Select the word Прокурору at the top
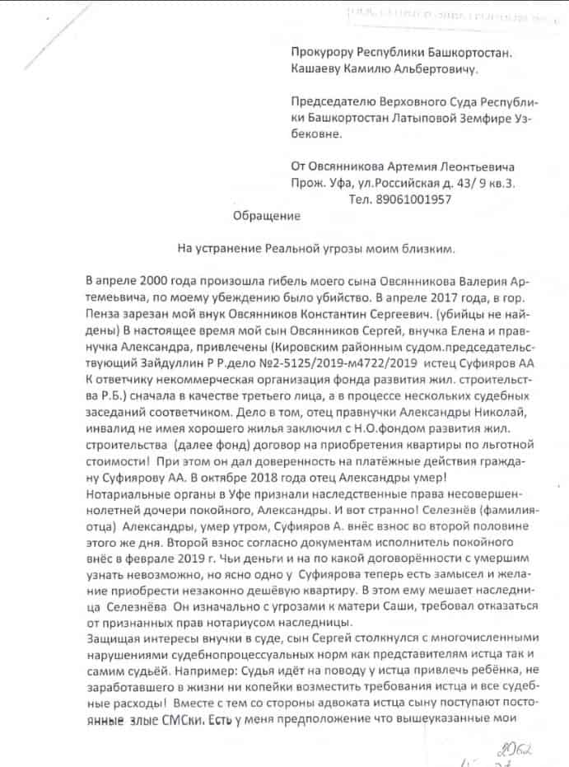click(326, 54)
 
